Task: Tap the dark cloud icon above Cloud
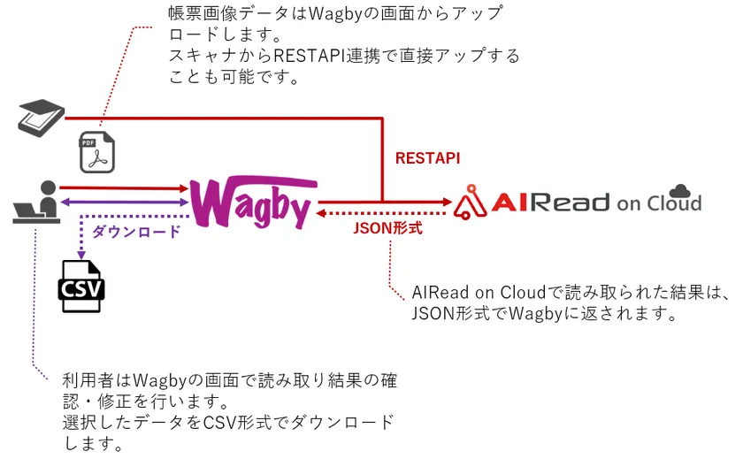pyautogui.click(x=680, y=190)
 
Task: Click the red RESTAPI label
pyautogui.click(x=427, y=158)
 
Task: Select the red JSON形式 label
pyautogui.click(x=387, y=227)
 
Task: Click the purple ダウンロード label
pyautogui.click(x=136, y=232)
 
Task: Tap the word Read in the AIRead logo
pyautogui.click(x=566, y=203)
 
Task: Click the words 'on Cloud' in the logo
pyautogui.click(x=659, y=204)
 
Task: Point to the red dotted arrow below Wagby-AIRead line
pyautogui.click(x=380, y=213)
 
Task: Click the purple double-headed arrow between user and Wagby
pyautogui.click(x=124, y=203)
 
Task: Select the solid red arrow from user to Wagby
pyautogui.click(x=124, y=187)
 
